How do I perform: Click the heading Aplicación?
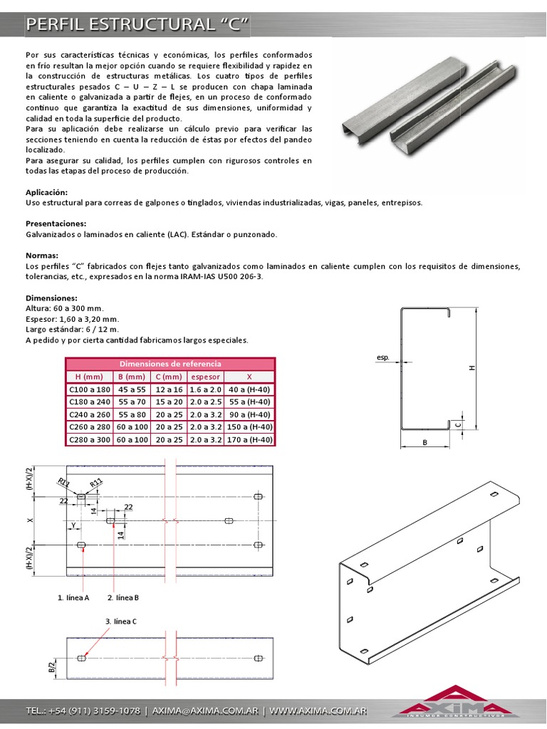pyautogui.click(x=47, y=192)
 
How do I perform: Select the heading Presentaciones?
pyautogui.click(x=56, y=224)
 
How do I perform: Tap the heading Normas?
pyautogui.click(x=42, y=255)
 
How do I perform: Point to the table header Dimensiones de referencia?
pyautogui.click(x=170, y=363)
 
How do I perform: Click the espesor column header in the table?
pyautogui.click(x=207, y=376)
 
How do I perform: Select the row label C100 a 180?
pyautogui.click(x=89, y=389)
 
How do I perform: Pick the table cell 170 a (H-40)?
pyautogui.click(x=250, y=440)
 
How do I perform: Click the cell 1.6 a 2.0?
pyautogui.click(x=207, y=389)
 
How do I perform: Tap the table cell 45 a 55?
pyautogui.click(x=132, y=389)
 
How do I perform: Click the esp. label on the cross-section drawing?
pyautogui.click(x=382, y=359)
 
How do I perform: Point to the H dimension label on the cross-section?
pyautogui.click(x=472, y=368)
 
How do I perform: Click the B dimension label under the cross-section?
pyautogui.click(x=424, y=442)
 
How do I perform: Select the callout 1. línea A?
pyautogui.click(x=73, y=597)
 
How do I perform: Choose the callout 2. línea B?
pyautogui.click(x=123, y=597)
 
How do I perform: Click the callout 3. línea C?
pyautogui.click(x=121, y=621)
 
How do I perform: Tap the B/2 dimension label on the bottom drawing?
pyautogui.click(x=51, y=667)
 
